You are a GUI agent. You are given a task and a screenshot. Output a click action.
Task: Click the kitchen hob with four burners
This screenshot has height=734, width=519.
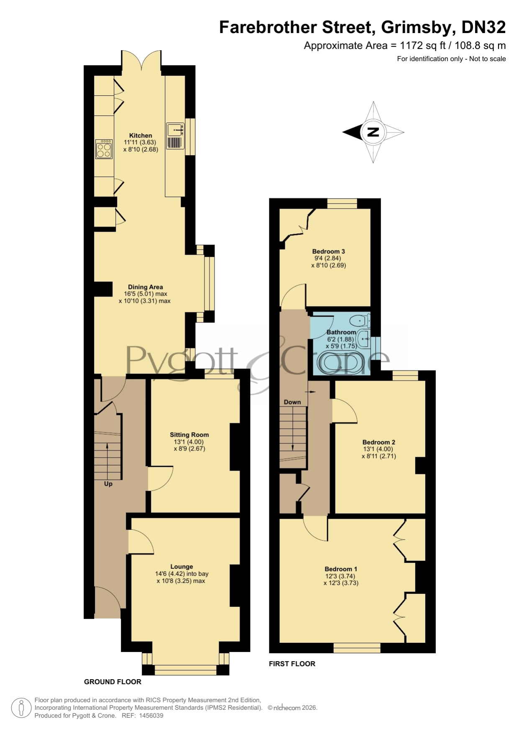pyautogui.click(x=104, y=149)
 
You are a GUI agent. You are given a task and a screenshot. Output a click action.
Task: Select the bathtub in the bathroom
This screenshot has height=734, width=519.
pyautogui.click(x=341, y=363)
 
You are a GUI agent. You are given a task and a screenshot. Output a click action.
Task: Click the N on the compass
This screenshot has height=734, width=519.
pyautogui.click(x=373, y=132)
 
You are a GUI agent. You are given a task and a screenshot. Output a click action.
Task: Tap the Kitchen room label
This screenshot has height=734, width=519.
pyautogui.click(x=141, y=136)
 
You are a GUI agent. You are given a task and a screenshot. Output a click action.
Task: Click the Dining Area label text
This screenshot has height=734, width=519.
pyautogui.click(x=145, y=287)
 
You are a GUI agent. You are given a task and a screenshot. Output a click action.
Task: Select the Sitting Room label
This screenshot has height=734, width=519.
pyautogui.click(x=189, y=435)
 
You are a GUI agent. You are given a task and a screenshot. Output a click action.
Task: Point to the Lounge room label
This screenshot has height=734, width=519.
pyautogui.click(x=182, y=567)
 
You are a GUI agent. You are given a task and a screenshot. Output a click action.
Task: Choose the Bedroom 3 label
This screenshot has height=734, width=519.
pyautogui.click(x=328, y=251)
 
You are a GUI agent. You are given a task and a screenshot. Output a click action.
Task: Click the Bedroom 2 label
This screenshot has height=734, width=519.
pyautogui.click(x=378, y=442)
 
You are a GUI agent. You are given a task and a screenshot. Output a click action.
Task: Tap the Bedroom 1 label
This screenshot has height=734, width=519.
pyautogui.click(x=341, y=569)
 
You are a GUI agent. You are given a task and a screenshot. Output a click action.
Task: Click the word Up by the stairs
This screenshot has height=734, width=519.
pyautogui.click(x=108, y=484)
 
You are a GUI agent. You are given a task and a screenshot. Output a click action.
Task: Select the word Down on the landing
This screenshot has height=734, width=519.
pyautogui.click(x=292, y=402)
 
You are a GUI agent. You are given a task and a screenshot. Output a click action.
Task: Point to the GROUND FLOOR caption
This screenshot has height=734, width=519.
pyautogui.click(x=112, y=682)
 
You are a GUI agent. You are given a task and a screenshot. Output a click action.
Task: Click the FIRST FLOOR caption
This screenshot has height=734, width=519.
pyautogui.click(x=292, y=664)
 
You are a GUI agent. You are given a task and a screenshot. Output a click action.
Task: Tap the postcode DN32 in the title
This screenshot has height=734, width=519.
pyautogui.click(x=483, y=27)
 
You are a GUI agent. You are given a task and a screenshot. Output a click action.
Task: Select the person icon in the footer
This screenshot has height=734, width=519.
pyautogui.click(x=21, y=708)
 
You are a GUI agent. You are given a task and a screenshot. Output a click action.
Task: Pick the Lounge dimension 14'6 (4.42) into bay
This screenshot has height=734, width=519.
pyautogui.click(x=182, y=574)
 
